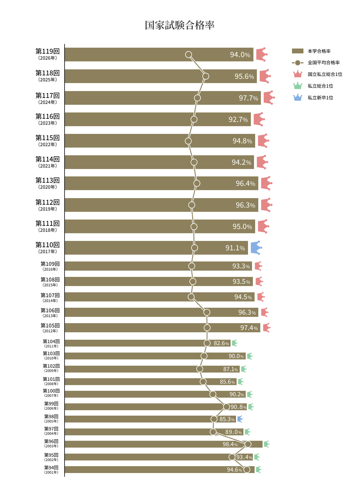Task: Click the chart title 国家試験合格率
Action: pyautogui.click(x=180, y=25)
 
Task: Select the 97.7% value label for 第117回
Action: pyautogui.click(x=248, y=98)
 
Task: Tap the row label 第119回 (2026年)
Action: pyautogui.click(x=47, y=54)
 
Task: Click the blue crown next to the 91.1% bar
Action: pyautogui.click(x=256, y=248)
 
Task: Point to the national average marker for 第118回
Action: pyautogui.click(x=205, y=76)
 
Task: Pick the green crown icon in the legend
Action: pyautogui.click(x=297, y=86)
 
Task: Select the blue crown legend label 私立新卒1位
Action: pyautogui.click(x=320, y=98)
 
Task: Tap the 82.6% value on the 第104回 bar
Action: pyautogui.click(x=221, y=343)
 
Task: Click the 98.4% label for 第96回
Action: pyautogui.click(x=230, y=444)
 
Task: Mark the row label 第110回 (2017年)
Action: pyautogui.click(x=47, y=247)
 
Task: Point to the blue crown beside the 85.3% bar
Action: pyautogui.click(x=240, y=419)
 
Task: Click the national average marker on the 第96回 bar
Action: pyautogui.click(x=248, y=444)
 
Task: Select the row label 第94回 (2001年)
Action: pyautogui.click(x=51, y=470)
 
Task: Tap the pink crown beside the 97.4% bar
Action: pyautogui.click(x=266, y=328)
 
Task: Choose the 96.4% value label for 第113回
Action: pyautogui.click(x=245, y=184)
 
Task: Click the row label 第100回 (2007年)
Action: pyautogui.click(x=51, y=393)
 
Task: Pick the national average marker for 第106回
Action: pyautogui.click(x=207, y=312)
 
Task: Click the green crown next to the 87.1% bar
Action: pyautogui.click(x=243, y=369)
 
